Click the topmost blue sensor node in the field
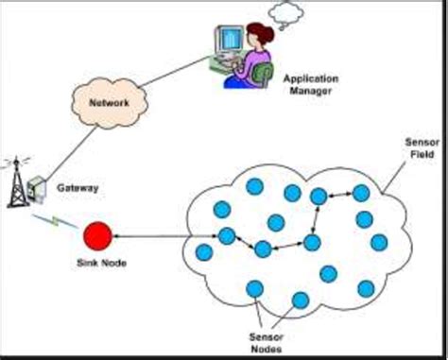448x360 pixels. [x=254, y=186]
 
